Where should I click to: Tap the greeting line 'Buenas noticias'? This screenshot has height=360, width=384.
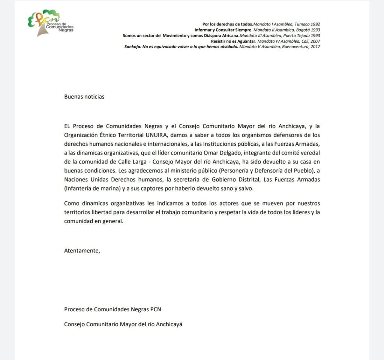[84, 96]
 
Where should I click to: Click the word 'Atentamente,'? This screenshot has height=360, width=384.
[82, 250]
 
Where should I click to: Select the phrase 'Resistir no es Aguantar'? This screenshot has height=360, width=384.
[233, 41]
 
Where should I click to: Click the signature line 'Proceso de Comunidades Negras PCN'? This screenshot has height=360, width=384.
[112, 309]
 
